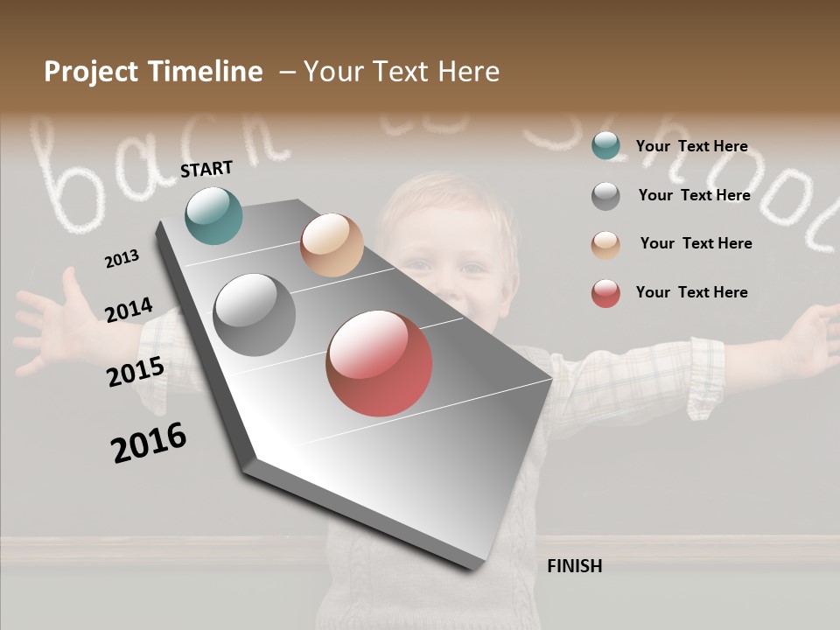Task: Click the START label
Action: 206,169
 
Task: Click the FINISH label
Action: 574,566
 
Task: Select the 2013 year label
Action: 122,259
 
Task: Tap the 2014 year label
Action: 129,310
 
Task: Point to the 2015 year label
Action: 135,372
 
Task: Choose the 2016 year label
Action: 149,442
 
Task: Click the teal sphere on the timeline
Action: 213,215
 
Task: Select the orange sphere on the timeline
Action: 332,245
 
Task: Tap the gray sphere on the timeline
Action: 254,315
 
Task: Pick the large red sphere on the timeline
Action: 379,363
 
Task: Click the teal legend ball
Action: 605,145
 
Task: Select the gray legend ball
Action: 605,195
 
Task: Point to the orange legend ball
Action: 605,244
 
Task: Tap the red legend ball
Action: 605,293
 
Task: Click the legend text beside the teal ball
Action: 691,146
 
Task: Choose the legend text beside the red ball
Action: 691,292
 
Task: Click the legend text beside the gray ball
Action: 694,195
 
